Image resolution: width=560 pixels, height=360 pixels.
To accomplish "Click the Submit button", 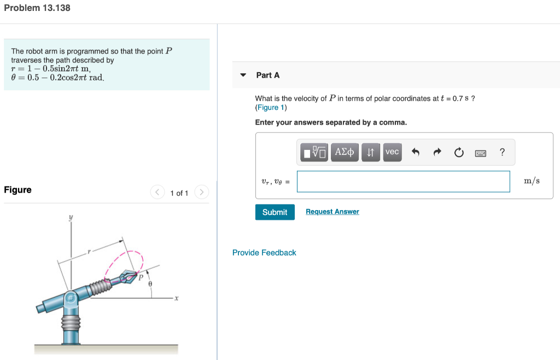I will [x=275, y=212].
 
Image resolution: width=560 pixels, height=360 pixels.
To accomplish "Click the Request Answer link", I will [x=332, y=212].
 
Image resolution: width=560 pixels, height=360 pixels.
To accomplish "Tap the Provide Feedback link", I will [x=264, y=253].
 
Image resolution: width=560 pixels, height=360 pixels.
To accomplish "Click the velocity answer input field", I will [x=403, y=182].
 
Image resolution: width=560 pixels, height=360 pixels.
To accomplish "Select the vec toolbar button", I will [x=392, y=152].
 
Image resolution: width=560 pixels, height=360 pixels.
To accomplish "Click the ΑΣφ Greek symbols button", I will [x=344, y=152].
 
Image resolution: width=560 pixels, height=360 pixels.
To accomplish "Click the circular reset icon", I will [x=458, y=153].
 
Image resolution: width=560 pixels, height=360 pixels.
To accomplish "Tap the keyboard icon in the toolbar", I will [x=480, y=153].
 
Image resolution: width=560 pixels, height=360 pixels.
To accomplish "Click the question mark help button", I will [x=502, y=152].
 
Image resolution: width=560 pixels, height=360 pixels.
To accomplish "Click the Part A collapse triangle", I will [x=243, y=75].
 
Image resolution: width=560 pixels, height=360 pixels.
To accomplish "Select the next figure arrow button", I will [x=202, y=192].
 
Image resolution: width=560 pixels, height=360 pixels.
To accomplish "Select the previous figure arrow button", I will [x=157, y=192].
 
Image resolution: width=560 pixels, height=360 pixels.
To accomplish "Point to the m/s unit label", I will [x=532, y=181].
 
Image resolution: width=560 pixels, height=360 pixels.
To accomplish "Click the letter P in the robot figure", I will [x=141, y=277].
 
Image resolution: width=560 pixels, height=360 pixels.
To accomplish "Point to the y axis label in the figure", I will [x=71, y=217].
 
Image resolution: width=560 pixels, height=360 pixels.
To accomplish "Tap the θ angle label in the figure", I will [x=150, y=284].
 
